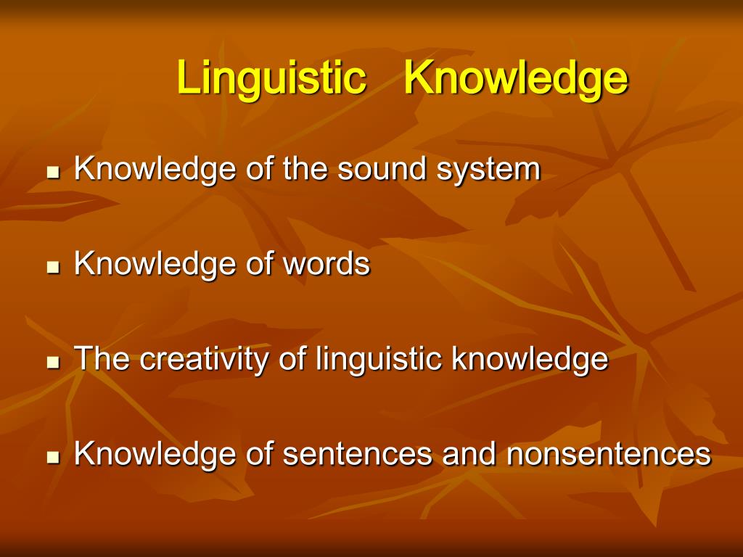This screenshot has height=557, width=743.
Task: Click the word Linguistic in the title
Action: pyautogui.click(x=271, y=78)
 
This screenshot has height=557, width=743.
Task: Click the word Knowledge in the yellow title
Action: pyautogui.click(x=516, y=78)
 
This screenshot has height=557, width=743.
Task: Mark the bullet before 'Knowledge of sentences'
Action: pyautogui.click(x=52, y=458)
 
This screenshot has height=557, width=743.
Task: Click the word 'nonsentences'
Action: pyautogui.click(x=608, y=455)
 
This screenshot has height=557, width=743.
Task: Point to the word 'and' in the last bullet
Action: pyautogui.click(x=471, y=455)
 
